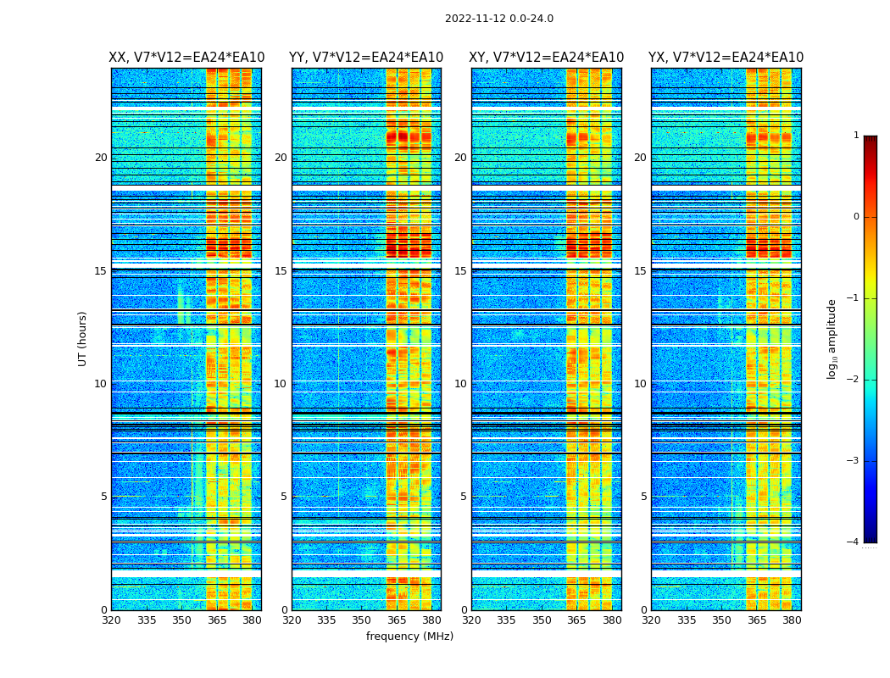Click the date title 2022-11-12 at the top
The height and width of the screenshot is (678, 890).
[498, 19]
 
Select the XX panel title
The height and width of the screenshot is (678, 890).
[186, 58]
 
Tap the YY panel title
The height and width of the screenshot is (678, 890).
[366, 58]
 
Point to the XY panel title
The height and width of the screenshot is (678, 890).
[547, 58]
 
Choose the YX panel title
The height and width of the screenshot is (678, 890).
[726, 58]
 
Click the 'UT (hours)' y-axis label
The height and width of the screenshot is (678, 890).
[83, 338]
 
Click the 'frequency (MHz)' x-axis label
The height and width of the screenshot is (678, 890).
[409, 636]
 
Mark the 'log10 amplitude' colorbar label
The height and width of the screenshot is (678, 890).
[832, 339]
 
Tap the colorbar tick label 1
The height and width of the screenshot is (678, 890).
[856, 136]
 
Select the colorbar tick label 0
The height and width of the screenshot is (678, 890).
[856, 217]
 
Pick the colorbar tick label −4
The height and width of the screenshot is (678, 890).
[854, 542]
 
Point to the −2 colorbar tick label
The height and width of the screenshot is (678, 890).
[854, 380]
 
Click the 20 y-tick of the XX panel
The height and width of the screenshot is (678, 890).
[101, 158]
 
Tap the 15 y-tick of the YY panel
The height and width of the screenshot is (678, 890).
[281, 271]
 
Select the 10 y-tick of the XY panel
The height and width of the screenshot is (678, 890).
[460, 384]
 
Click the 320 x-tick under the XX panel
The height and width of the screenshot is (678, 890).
[111, 620]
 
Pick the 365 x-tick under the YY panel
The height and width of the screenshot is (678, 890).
[397, 620]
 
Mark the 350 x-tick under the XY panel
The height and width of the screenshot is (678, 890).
[542, 620]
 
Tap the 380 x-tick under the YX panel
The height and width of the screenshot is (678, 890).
[792, 620]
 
